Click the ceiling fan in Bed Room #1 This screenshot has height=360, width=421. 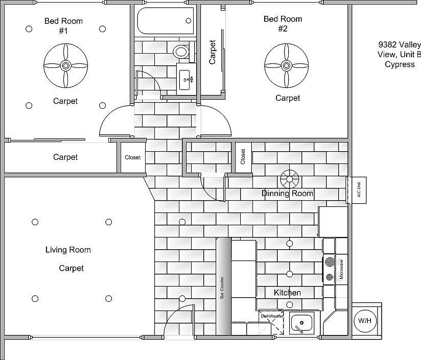coord(65,65)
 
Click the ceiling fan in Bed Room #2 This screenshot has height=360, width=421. coord(286,65)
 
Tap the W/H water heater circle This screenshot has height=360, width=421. coord(365,321)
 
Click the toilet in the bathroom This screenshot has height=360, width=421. coord(180,52)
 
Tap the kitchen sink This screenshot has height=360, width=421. coord(302,323)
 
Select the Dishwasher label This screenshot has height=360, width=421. coord(272,316)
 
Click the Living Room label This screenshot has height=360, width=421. coord(68,250)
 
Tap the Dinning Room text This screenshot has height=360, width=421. coord(287,194)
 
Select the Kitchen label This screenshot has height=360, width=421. coord(287,293)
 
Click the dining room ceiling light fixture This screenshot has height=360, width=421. coord(289,179)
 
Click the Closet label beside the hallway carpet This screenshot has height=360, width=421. coord(132,158)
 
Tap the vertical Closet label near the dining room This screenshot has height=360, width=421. coord(243,156)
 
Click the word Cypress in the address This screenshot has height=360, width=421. coord(399,64)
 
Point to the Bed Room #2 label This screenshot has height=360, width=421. coord(283,23)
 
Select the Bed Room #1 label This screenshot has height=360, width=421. coord(63,26)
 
